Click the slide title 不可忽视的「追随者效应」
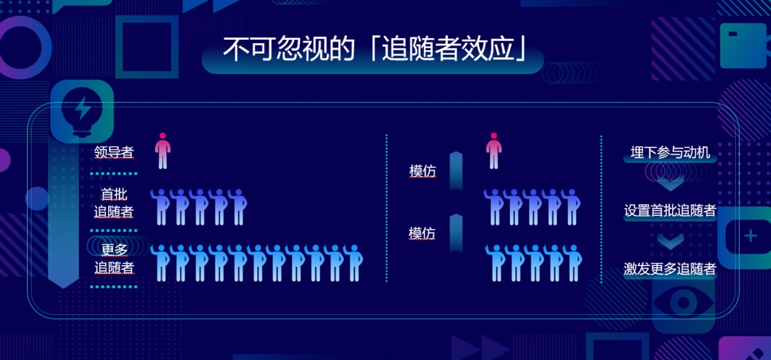point(375,49)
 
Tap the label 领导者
point(114,152)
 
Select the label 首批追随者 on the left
point(114,203)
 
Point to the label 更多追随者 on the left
point(114,258)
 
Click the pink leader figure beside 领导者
point(163,150)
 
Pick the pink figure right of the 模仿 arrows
point(494,150)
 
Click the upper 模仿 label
point(423,171)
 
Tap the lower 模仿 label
point(422,233)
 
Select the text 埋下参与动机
point(670,152)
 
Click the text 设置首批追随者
point(670,210)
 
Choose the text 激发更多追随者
point(670,269)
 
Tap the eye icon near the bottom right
point(684,303)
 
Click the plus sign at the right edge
point(750,237)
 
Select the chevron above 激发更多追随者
point(670,241)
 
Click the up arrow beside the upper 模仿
point(456,171)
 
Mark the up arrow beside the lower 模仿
point(456,233)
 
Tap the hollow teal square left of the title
point(147,47)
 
